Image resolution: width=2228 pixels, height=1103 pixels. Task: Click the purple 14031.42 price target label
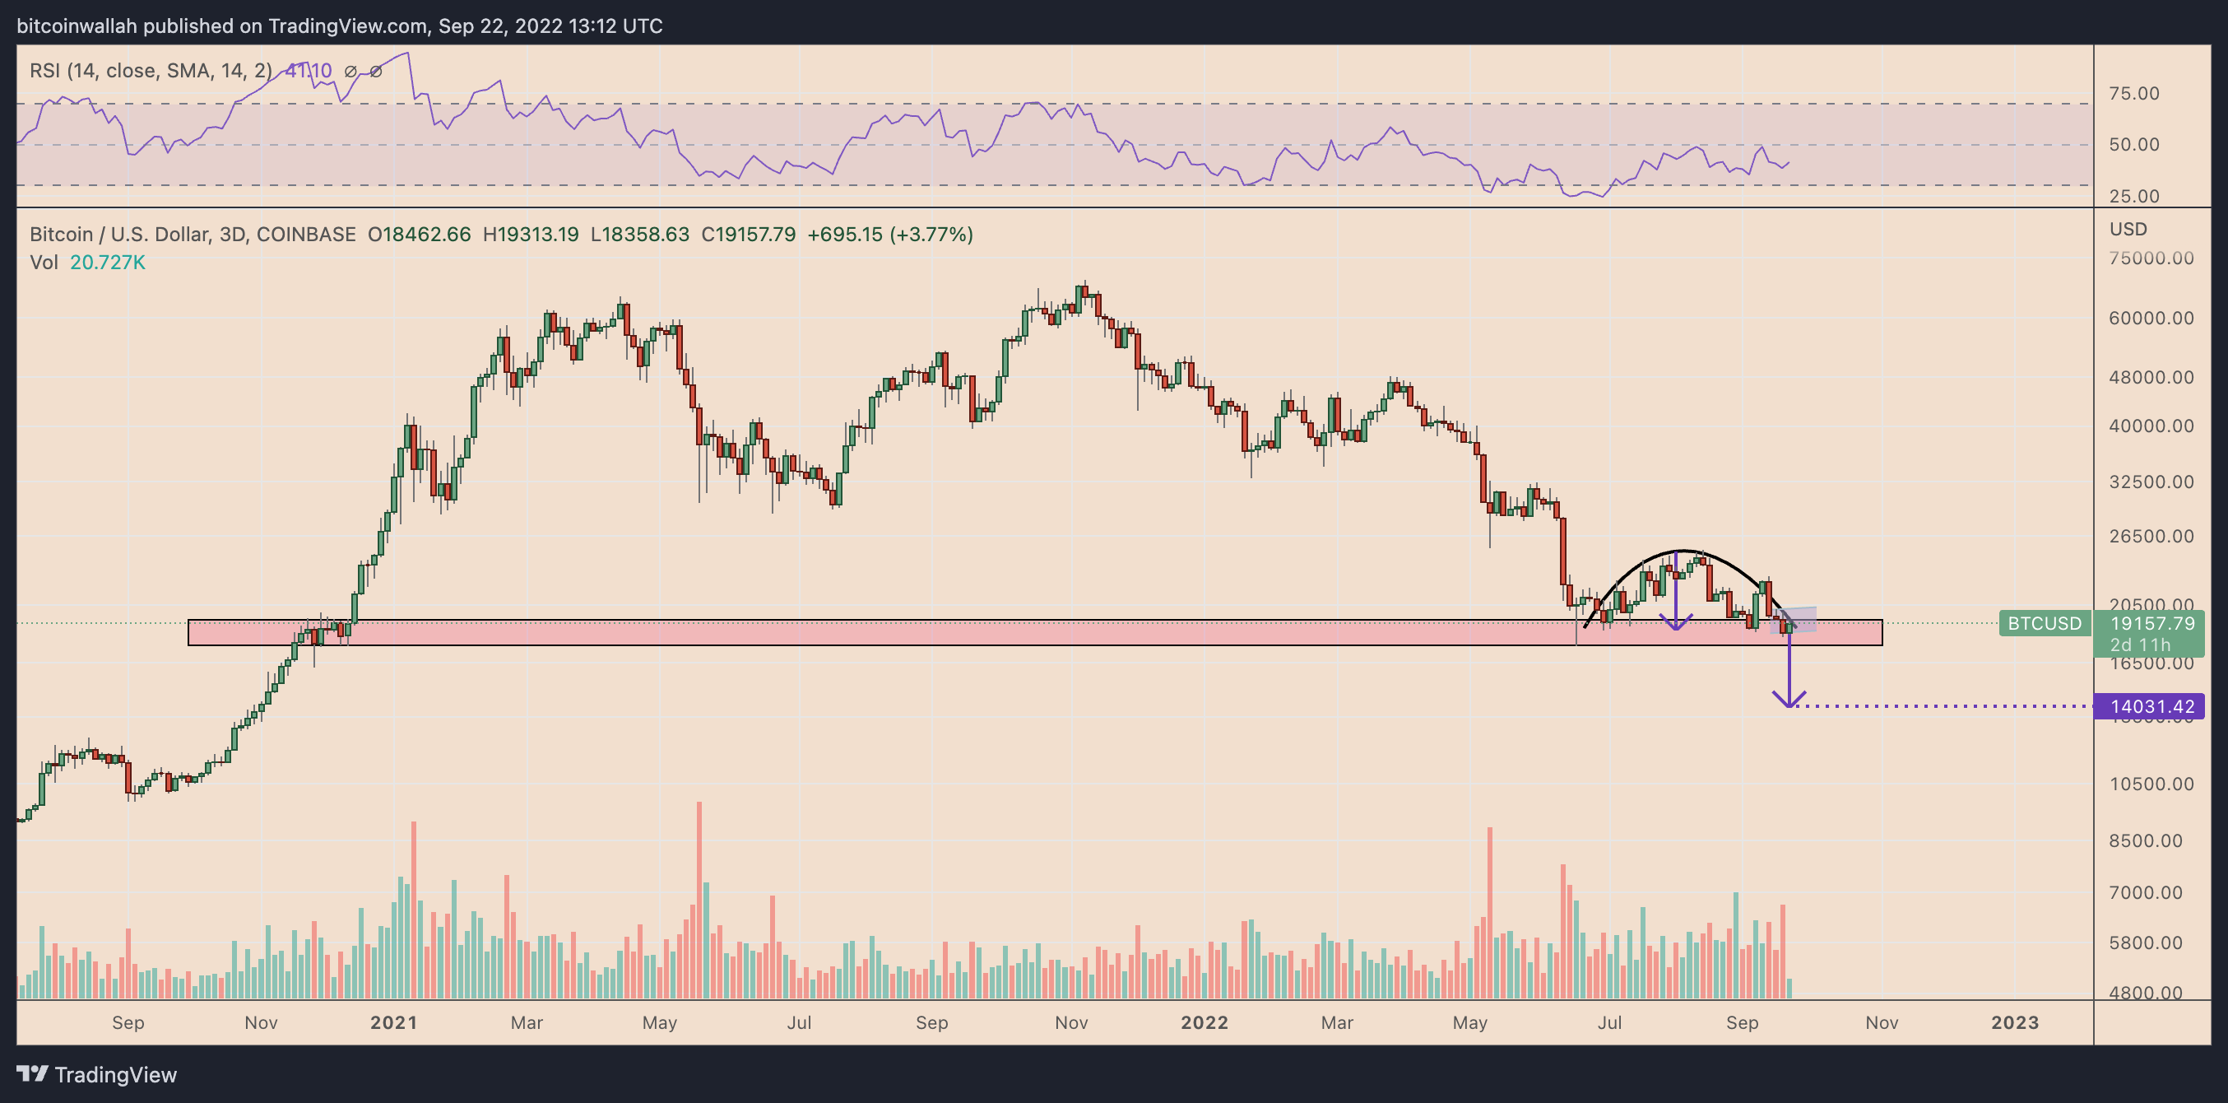[x=2150, y=707]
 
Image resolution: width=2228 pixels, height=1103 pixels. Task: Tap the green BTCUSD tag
[x=2044, y=624]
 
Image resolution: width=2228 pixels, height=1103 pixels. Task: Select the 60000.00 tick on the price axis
[x=2150, y=319]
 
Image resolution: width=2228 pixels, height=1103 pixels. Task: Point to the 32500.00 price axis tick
[x=2150, y=482]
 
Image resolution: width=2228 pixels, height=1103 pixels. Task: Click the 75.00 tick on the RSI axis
[x=2133, y=94]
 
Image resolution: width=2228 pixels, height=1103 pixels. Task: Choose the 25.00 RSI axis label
[x=2133, y=197]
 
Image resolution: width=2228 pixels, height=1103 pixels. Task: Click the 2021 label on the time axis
[x=393, y=1022]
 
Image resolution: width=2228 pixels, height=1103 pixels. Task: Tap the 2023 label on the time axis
[x=2014, y=1022]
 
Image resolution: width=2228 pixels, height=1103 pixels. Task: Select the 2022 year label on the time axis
[x=1204, y=1022]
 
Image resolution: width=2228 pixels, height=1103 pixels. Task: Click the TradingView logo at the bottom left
[x=97, y=1074]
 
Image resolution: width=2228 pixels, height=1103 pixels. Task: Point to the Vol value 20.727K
[x=107, y=262]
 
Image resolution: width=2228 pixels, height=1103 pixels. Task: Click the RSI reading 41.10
[x=309, y=71]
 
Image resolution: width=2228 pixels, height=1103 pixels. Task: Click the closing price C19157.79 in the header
[x=748, y=235]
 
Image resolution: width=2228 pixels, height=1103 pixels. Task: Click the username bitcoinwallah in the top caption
[x=77, y=26]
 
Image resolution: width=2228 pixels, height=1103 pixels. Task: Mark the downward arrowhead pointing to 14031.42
[x=1789, y=700]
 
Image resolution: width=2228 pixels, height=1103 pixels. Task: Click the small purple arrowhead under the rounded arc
[x=1676, y=623]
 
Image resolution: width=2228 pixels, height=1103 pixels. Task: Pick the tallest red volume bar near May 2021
[x=699, y=900]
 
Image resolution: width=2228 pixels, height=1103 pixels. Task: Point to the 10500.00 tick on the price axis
[x=2150, y=784]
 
